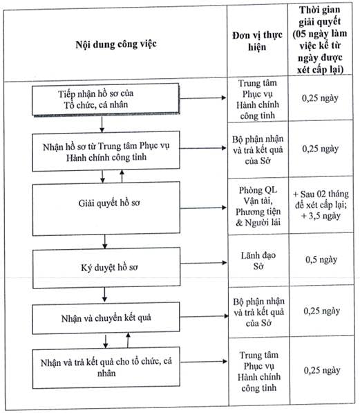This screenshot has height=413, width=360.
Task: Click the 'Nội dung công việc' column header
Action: (116, 44)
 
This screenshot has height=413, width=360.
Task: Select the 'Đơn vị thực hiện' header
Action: (257, 41)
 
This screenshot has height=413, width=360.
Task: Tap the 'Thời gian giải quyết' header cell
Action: (320, 39)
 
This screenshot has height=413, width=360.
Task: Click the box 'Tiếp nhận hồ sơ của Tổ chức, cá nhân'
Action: (106, 100)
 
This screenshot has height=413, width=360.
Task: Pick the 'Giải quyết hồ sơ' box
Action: (106, 209)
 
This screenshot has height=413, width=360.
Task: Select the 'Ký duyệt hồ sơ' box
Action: (106, 268)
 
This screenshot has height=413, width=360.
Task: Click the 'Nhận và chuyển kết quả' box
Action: (106, 318)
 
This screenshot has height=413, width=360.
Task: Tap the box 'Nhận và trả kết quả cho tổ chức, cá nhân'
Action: (106, 368)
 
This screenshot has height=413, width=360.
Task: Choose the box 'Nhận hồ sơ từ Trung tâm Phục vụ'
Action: (106, 152)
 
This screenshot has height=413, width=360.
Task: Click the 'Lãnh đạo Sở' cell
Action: (258, 261)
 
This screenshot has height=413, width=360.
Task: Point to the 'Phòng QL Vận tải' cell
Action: (258, 206)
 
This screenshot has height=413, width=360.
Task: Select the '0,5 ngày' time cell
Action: (321, 259)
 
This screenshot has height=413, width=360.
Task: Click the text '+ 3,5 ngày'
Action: (321, 216)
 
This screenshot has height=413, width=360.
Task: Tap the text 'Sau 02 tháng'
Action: (324, 194)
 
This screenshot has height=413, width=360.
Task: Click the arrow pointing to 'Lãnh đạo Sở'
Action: (203, 263)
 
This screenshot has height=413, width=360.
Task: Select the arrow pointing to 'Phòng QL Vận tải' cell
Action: (203, 208)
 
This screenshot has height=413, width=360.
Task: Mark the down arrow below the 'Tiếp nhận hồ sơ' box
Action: (102, 124)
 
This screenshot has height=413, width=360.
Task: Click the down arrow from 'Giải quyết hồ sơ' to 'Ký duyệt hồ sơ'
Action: (105, 241)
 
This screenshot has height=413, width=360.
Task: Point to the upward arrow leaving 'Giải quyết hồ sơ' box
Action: (122, 176)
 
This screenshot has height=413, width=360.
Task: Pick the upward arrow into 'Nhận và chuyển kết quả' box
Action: (128, 340)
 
